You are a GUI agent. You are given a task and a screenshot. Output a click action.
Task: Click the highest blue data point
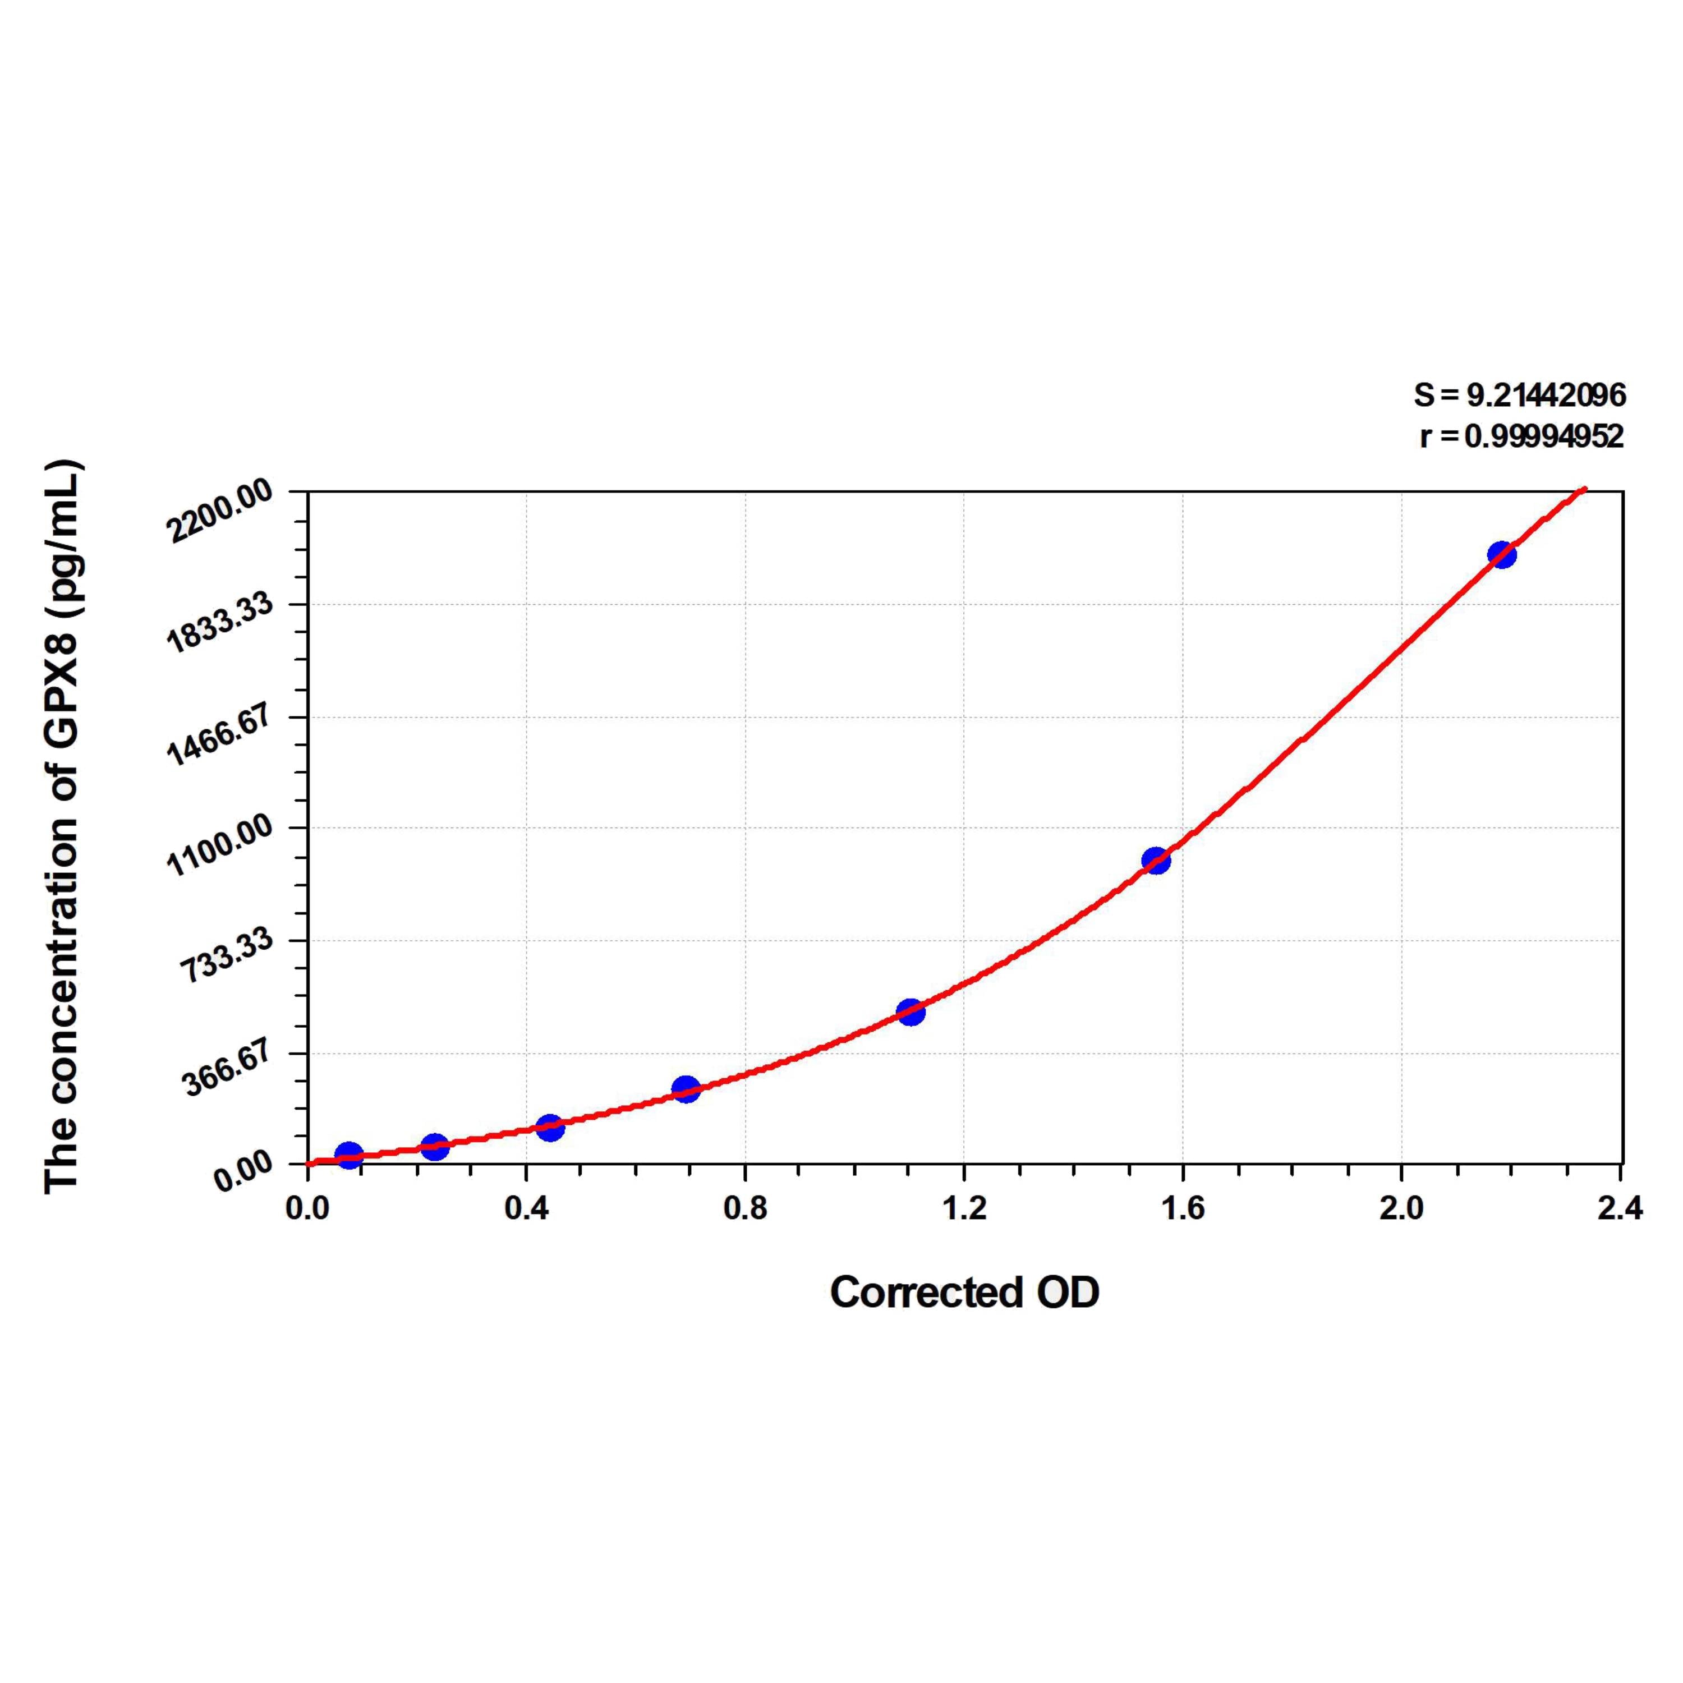(1501, 554)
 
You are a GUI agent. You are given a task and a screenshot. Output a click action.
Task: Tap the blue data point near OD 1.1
(911, 1011)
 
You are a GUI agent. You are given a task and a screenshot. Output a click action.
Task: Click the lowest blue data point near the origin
(348, 1155)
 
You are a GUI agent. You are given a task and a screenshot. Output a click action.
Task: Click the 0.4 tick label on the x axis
(526, 1208)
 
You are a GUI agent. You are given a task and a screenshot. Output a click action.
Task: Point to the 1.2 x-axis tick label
(964, 1208)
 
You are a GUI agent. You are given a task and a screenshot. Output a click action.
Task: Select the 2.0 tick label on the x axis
(1401, 1208)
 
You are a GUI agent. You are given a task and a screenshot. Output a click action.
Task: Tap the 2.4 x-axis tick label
(1620, 1208)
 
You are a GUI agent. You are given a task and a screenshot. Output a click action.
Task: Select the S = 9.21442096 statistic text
(1519, 396)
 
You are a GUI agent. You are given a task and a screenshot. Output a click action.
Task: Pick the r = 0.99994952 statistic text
(1522, 435)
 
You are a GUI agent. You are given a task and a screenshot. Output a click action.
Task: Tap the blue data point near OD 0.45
(550, 1127)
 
